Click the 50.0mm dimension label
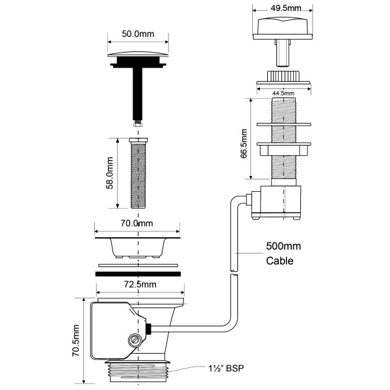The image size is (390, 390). coord(138,33)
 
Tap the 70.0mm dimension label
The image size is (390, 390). coord(136,223)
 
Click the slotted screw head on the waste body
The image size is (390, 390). coord(135,339)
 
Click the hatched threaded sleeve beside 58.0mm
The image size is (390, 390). coord(138,174)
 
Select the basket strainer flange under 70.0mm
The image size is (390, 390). coord(137,244)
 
